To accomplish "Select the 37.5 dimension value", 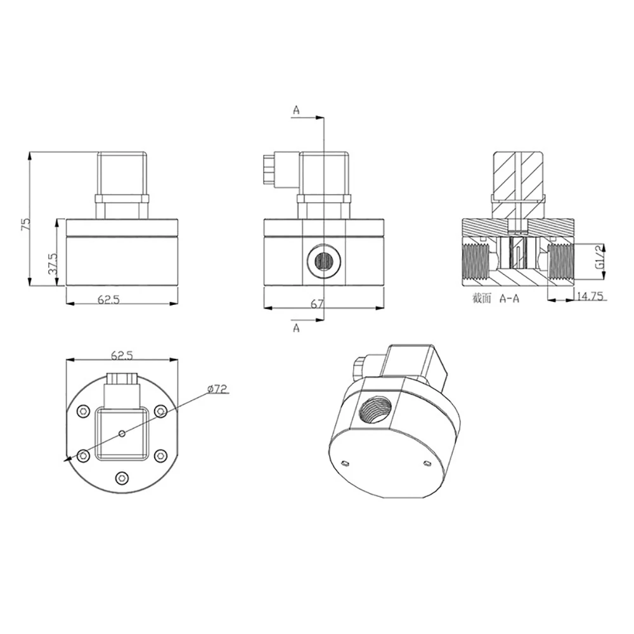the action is (x=53, y=264).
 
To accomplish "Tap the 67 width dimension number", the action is (x=318, y=304).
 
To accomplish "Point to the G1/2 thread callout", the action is (x=600, y=258).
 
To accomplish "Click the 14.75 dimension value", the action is (x=590, y=296).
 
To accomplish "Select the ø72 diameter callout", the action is (x=218, y=389).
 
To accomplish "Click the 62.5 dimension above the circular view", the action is (x=122, y=356).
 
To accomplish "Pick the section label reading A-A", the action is (x=510, y=299).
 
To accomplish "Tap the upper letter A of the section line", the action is (x=296, y=110).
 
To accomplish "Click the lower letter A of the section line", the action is (x=296, y=328).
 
